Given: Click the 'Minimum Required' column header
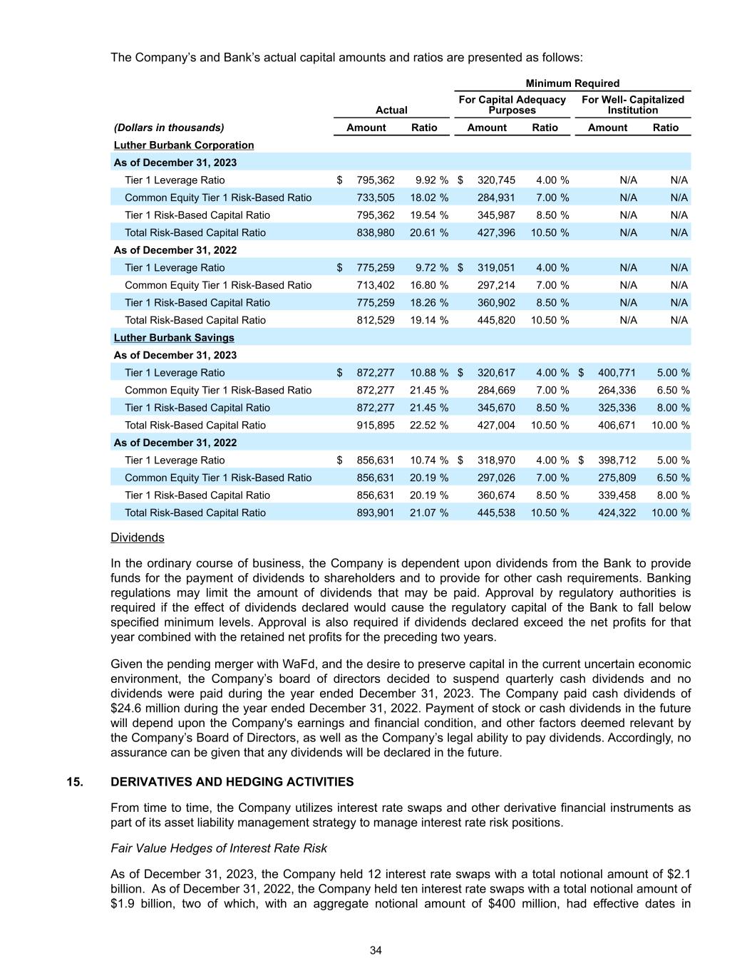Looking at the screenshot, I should point(572,83).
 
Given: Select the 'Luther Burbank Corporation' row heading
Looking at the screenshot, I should point(184,145).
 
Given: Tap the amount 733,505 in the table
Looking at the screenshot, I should point(375,197).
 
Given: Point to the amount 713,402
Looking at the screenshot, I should point(375,285).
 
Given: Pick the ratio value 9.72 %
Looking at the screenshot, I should point(431,267).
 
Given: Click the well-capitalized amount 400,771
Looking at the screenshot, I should point(617,373).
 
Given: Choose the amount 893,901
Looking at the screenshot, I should point(375,513).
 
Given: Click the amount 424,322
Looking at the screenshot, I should point(617,513).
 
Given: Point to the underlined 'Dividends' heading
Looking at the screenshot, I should point(138,537).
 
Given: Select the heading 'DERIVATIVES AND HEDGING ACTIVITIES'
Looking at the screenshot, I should point(232,782).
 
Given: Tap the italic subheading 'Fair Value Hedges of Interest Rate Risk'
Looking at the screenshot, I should point(219,848).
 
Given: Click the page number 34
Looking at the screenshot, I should point(376,950).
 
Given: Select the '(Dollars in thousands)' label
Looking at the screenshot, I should point(169,128).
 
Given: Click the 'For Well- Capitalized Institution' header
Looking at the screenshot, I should point(633,105).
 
